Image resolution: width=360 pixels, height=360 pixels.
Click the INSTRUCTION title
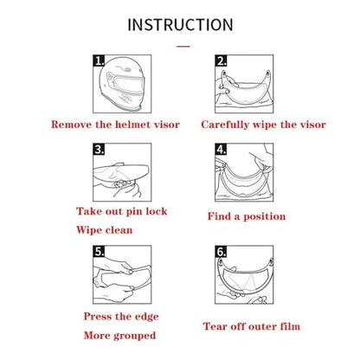(180, 25)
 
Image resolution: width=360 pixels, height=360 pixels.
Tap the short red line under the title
(183, 46)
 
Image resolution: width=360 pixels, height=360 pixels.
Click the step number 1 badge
(99, 61)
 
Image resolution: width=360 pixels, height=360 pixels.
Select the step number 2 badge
(221, 61)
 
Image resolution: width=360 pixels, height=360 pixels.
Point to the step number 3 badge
(99, 149)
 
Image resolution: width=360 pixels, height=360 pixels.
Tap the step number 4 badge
(221, 149)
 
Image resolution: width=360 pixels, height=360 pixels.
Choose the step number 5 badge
(99, 251)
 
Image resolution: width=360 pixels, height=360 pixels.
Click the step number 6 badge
(221, 251)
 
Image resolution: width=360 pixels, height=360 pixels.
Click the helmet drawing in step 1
(123, 84)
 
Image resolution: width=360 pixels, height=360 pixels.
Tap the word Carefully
(225, 125)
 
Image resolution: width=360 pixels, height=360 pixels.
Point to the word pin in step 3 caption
(134, 212)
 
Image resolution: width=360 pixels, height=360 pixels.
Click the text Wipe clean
(105, 230)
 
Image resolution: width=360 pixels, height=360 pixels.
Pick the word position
(265, 216)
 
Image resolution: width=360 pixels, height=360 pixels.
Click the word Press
(97, 317)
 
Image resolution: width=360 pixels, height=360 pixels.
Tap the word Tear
(215, 326)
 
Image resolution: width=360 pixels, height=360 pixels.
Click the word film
(290, 326)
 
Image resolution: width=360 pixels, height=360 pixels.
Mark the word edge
(147, 317)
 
